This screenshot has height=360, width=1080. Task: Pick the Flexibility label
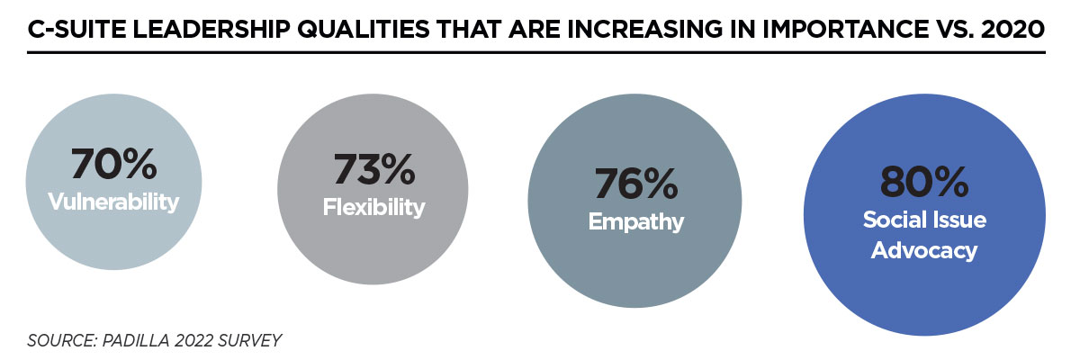pyautogui.click(x=373, y=207)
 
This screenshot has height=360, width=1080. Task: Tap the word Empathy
pyautogui.click(x=635, y=221)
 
